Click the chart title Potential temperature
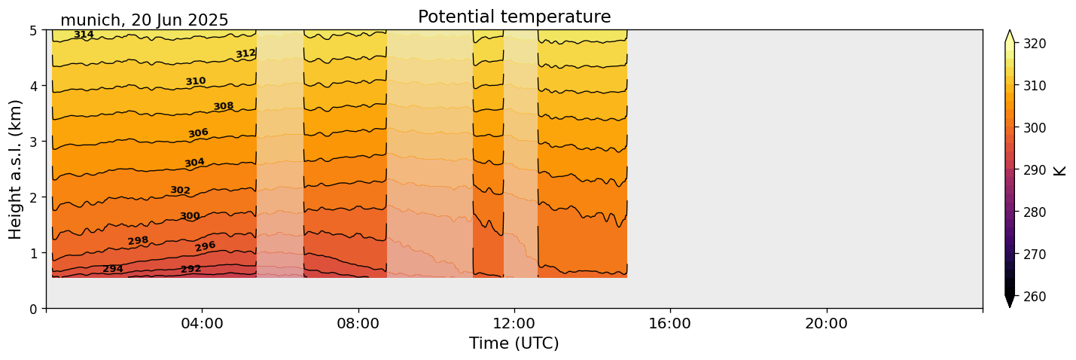coord(514,17)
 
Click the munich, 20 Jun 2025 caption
coord(144,20)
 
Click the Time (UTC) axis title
coord(514,343)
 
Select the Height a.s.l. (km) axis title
coord(16,169)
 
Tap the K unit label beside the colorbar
coord(1060,170)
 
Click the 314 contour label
coord(84,35)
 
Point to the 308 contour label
coord(224,106)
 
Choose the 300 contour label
coord(190,216)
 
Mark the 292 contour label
coord(191,269)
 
